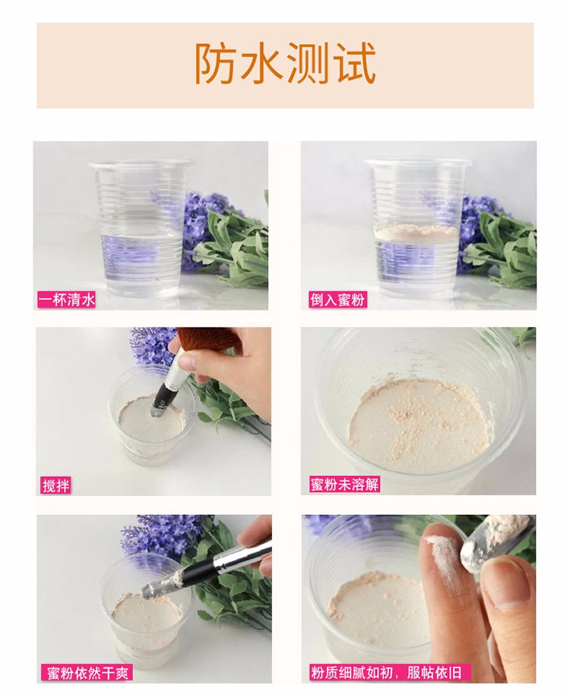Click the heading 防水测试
[x=285, y=64]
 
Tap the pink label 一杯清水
[x=67, y=299]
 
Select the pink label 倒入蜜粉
[x=337, y=299]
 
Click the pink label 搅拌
[x=55, y=485]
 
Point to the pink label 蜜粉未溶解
[x=344, y=485]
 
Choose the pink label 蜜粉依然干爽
[x=87, y=673]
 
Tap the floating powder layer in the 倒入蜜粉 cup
[x=416, y=232]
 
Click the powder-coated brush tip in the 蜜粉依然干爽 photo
[x=163, y=584]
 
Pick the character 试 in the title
[x=356, y=64]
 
